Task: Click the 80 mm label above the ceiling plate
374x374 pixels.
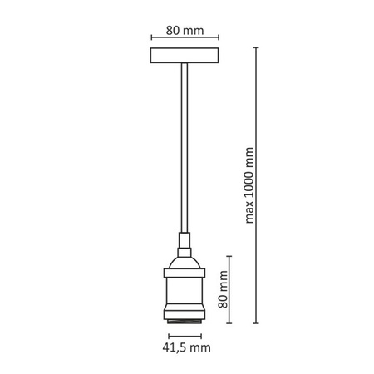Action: tap(185, 31)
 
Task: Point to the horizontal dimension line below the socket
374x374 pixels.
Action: tap(185, 336)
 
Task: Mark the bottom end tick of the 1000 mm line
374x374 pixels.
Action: tap(256, 323)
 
